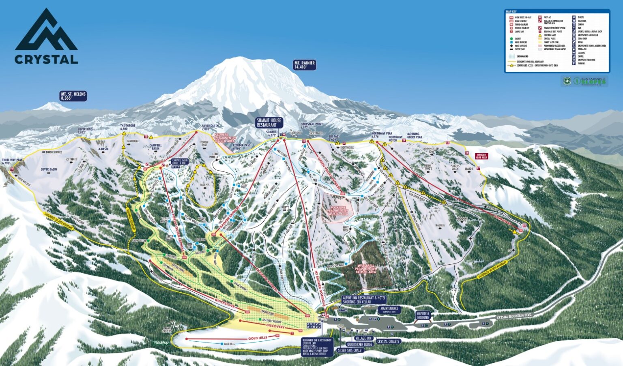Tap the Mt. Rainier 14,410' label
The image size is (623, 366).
pyautogui.click(x=305, y=65)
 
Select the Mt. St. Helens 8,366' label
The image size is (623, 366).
pyautogui.click(x=73, y=96)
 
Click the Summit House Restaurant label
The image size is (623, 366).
pyautogui.click(x=269, y=122)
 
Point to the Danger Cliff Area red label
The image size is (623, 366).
pyautogui.click(x=481, y=156)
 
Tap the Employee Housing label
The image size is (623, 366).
pyautogui.click(x=423, y=315)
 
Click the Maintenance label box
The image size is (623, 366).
pyautogui.click(x=389, y=309)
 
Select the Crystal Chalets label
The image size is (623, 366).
pyautogui.click(x=388, y=341)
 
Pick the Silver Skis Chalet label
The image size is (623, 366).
pyautogui.click(x=350, y=350)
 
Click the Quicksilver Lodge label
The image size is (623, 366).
pyautogui.click(x=357, y=344)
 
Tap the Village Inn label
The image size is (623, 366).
pyautogui.click(x=363, y=338)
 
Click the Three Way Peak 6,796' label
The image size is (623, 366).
pyautogui.click(x=13, y=161)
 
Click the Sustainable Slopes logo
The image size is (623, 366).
pyautogui.click(x=585, y=81)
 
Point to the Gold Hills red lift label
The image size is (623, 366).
pyautogui.click(x=258, y=338)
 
